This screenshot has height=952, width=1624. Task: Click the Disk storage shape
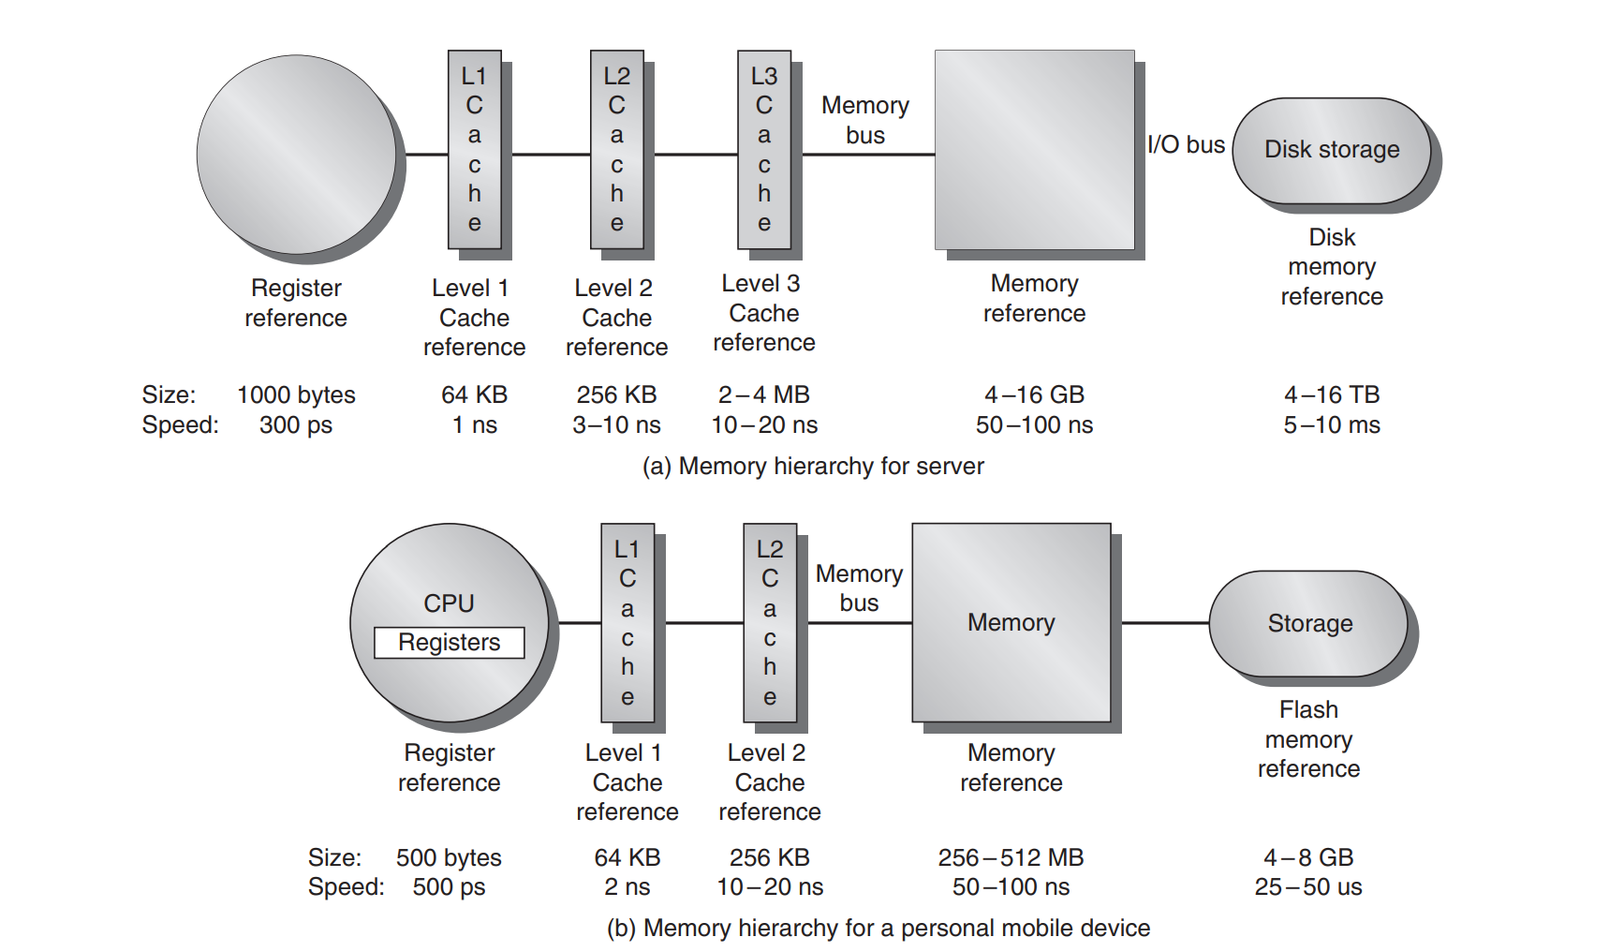[1331, 150]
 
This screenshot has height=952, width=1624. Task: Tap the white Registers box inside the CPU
[449, 643]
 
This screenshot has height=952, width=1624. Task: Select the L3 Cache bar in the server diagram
[764, 150]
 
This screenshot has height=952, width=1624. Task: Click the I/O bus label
[1186, 145]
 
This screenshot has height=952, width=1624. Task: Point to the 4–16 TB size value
[1331, 394]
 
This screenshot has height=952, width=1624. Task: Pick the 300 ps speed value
[295, 425]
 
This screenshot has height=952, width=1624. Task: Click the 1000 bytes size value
[296, 394]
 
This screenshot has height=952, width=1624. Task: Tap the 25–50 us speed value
[1308, 887]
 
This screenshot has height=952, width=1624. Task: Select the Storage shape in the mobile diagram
[1309, 623]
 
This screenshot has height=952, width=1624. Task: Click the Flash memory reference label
[1308, 739]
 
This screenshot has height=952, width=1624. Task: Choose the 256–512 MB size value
[1011, 857]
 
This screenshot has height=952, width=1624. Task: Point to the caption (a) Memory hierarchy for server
[813, 467]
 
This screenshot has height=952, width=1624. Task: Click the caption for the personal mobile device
[878, 929]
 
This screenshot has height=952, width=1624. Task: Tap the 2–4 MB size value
[763, 394]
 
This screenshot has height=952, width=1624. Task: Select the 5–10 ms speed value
[1331, 425]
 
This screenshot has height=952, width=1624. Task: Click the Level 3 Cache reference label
[764, 313]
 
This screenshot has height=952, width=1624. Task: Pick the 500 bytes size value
[449, 857]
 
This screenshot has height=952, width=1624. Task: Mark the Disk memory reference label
[1331, 267]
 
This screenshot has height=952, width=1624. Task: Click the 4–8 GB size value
[1308, 857]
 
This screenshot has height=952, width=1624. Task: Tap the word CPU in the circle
[449, 603]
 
